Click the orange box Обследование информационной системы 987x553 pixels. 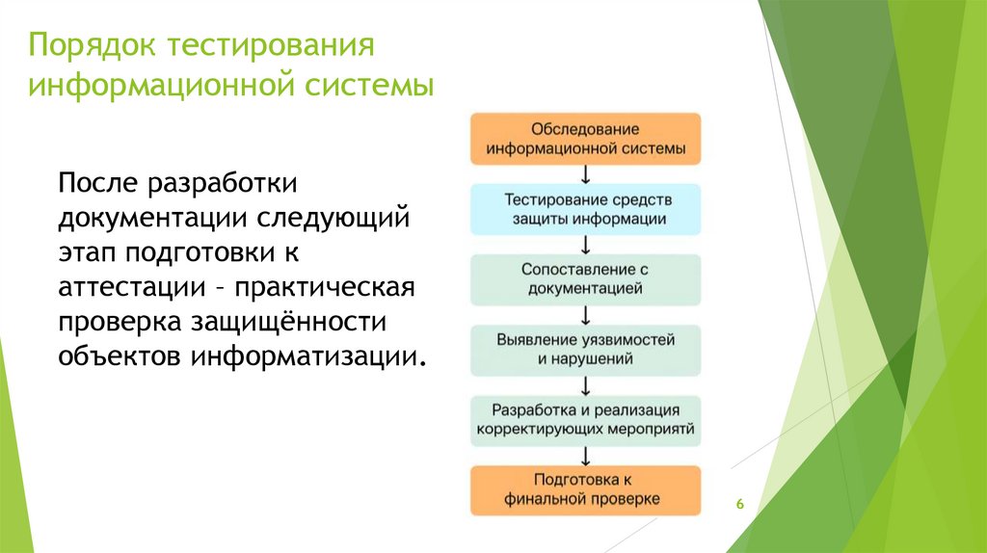(585, 139)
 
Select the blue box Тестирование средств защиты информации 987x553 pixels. (585, 209)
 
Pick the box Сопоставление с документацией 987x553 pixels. (585, 279)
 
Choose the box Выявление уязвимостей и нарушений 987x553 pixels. (585, 350)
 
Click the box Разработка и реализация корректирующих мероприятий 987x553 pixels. (585, 420)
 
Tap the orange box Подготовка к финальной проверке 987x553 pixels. (585, 489)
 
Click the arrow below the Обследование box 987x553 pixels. (585, 174)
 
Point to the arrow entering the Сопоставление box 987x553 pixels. (585, 245)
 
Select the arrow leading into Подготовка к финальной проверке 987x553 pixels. (585, 456)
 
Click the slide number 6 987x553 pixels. (739, 505)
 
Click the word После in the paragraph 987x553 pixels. (99, 183)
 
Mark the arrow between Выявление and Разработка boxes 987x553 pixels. (585, 385)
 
